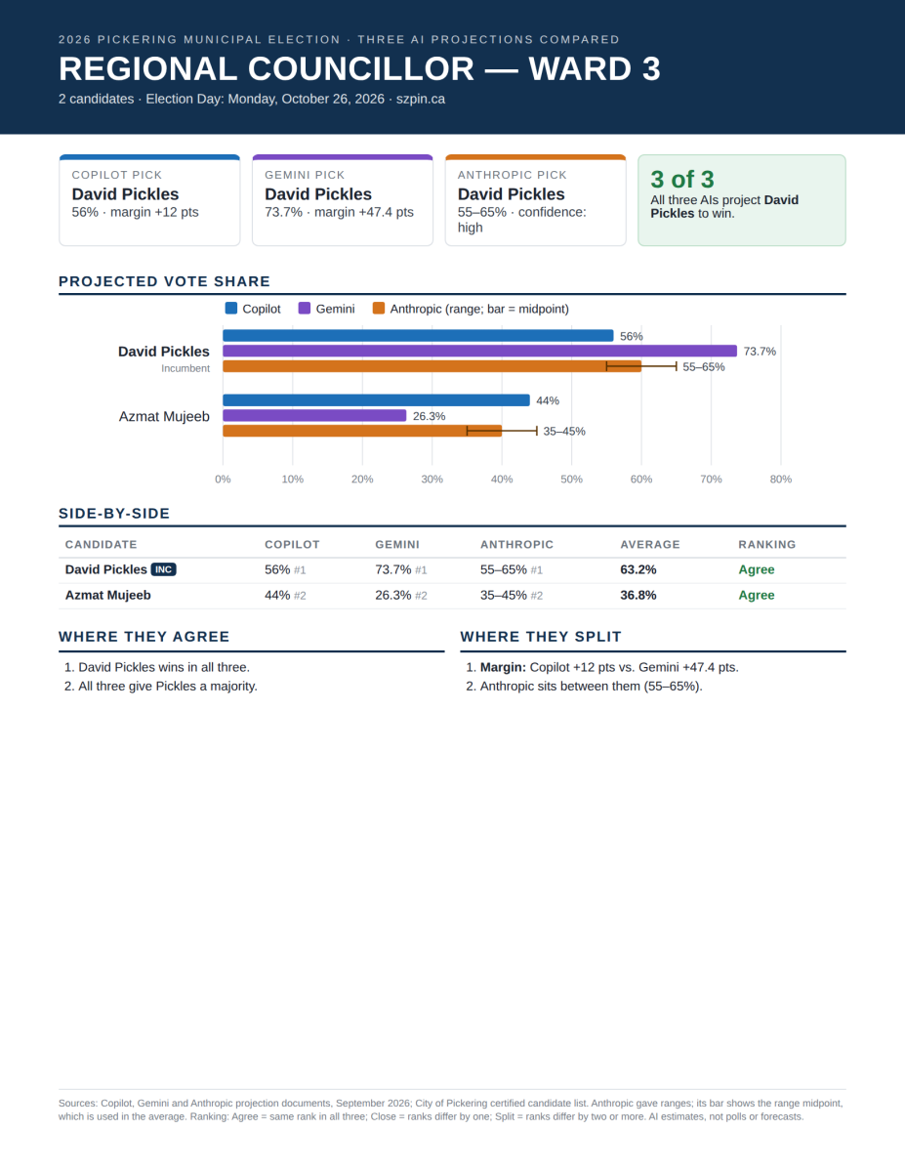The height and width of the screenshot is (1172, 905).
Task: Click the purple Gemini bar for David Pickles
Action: coord(479,352)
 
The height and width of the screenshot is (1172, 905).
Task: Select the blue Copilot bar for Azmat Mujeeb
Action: coord(376,400)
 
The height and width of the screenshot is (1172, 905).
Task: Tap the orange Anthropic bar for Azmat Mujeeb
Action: coord(361,431)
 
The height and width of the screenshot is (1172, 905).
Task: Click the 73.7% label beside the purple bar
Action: coord(760,352)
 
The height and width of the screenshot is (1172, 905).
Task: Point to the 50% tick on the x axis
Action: coord(571,479)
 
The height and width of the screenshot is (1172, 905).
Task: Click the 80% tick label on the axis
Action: coord(780,479)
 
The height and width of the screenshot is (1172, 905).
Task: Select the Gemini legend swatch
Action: coord(305,309)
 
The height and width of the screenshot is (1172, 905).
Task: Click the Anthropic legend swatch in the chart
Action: coord(379,309)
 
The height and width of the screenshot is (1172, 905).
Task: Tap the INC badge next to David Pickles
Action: coord(163,569)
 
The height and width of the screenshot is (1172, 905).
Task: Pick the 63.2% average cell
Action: coord(638,569)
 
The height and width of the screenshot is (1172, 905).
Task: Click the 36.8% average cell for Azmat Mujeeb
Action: coord(638,595)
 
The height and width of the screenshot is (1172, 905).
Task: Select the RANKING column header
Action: coord(767,544)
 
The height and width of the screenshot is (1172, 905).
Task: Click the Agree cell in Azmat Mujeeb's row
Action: coord(757,595)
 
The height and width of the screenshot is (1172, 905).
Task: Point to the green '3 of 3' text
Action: coord(681,179)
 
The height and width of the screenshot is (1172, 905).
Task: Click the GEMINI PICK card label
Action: coord(305,175)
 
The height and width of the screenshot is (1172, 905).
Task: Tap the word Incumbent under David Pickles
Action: coord(185,368)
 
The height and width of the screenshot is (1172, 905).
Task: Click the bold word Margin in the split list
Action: coord(503,667)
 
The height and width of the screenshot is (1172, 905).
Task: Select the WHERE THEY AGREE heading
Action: coord(144,637)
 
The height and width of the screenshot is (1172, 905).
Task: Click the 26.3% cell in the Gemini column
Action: coord(392,595)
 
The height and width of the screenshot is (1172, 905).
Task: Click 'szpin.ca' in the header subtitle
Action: coord(421,100)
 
